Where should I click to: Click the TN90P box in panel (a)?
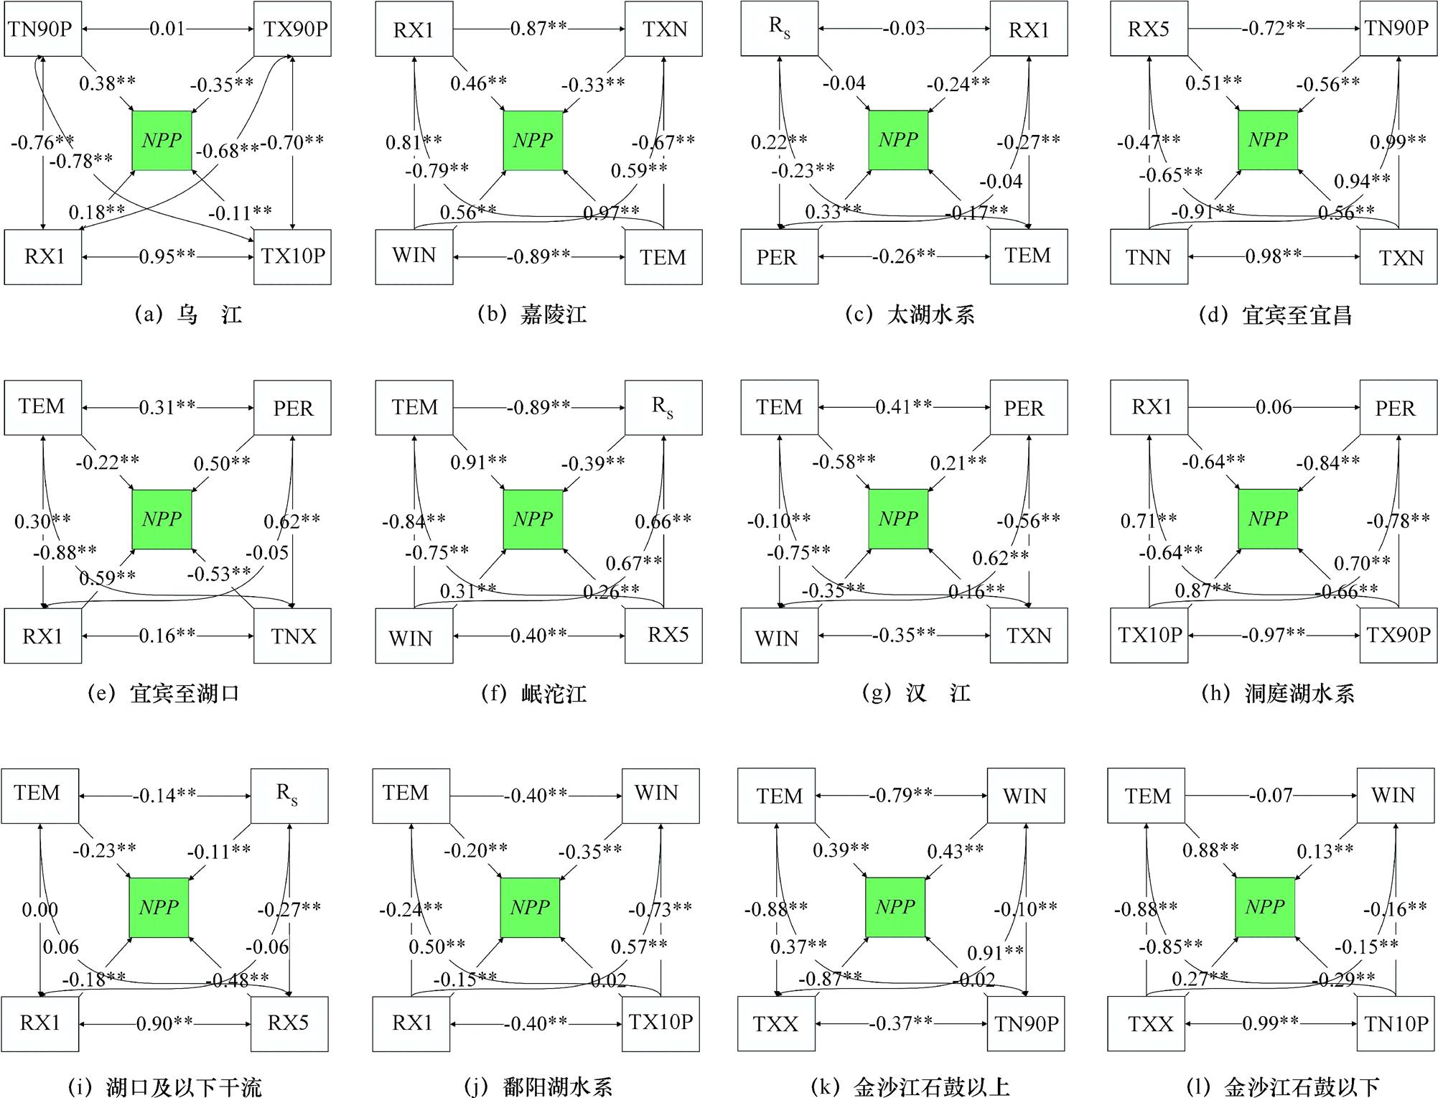click(x=42, y=29)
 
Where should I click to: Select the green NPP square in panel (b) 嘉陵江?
click(x=533, y=140)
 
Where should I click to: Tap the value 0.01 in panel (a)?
click(x=167, y=29)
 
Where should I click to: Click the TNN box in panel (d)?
click(x=1149, y=257)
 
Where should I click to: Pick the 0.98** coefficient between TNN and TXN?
click(x=1274, y=256)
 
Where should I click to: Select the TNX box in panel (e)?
click(x=293, y=636)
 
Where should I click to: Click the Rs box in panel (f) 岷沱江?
click(x=663, y=407)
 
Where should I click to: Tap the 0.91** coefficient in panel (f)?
click(x=478, y=462)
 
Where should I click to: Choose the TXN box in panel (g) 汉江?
click(x=1029, y=636)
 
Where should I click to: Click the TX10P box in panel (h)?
click(x=1149, y=636)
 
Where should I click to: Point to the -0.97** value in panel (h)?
click(x=1274, y=635)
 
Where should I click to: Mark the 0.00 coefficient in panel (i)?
click(x=39, y=910)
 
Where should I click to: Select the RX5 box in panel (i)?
click(x=289, y=1023)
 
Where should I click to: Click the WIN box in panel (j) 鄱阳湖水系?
click(x=660, y=794)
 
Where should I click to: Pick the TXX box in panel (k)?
click(x=776, y=1024)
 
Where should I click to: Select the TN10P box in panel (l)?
click(x=1396, y=1024)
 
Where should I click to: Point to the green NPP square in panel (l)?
click(x=1265, y=907)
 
